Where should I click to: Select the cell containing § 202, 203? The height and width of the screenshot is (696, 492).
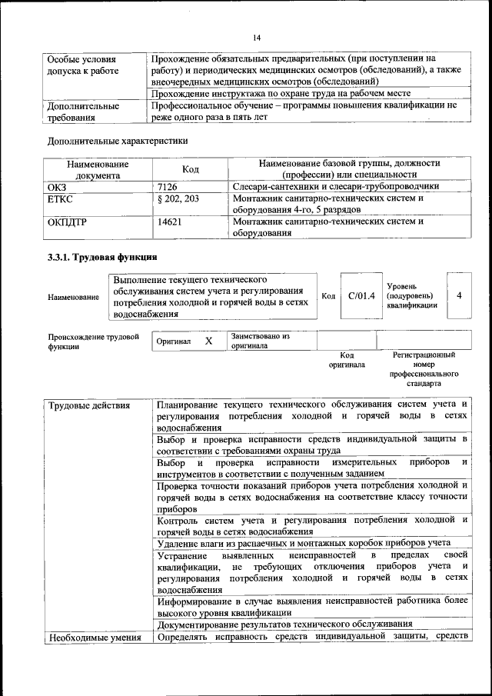178,198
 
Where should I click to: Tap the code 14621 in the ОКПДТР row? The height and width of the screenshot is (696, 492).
169,222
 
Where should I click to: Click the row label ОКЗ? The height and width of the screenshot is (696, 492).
58,186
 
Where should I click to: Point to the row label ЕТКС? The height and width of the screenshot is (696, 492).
60,198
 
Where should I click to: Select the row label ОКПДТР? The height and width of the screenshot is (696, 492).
66,222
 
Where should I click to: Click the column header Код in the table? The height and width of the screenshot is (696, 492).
191,169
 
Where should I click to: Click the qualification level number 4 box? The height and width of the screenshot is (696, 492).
459,295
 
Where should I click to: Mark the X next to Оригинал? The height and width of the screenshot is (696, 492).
208,340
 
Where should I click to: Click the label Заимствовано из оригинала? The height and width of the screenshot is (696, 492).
260,341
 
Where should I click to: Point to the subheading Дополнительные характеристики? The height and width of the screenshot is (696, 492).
118,141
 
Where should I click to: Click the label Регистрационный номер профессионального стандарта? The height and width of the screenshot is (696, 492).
424,368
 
